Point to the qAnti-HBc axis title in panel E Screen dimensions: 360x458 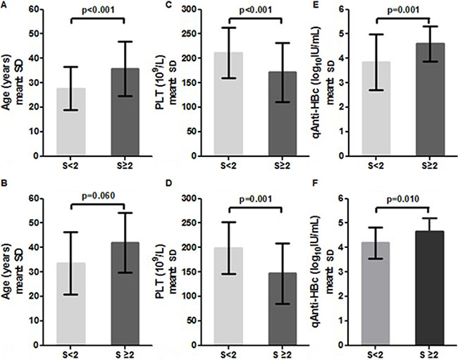pyautogui.click(x=321, y=82)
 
